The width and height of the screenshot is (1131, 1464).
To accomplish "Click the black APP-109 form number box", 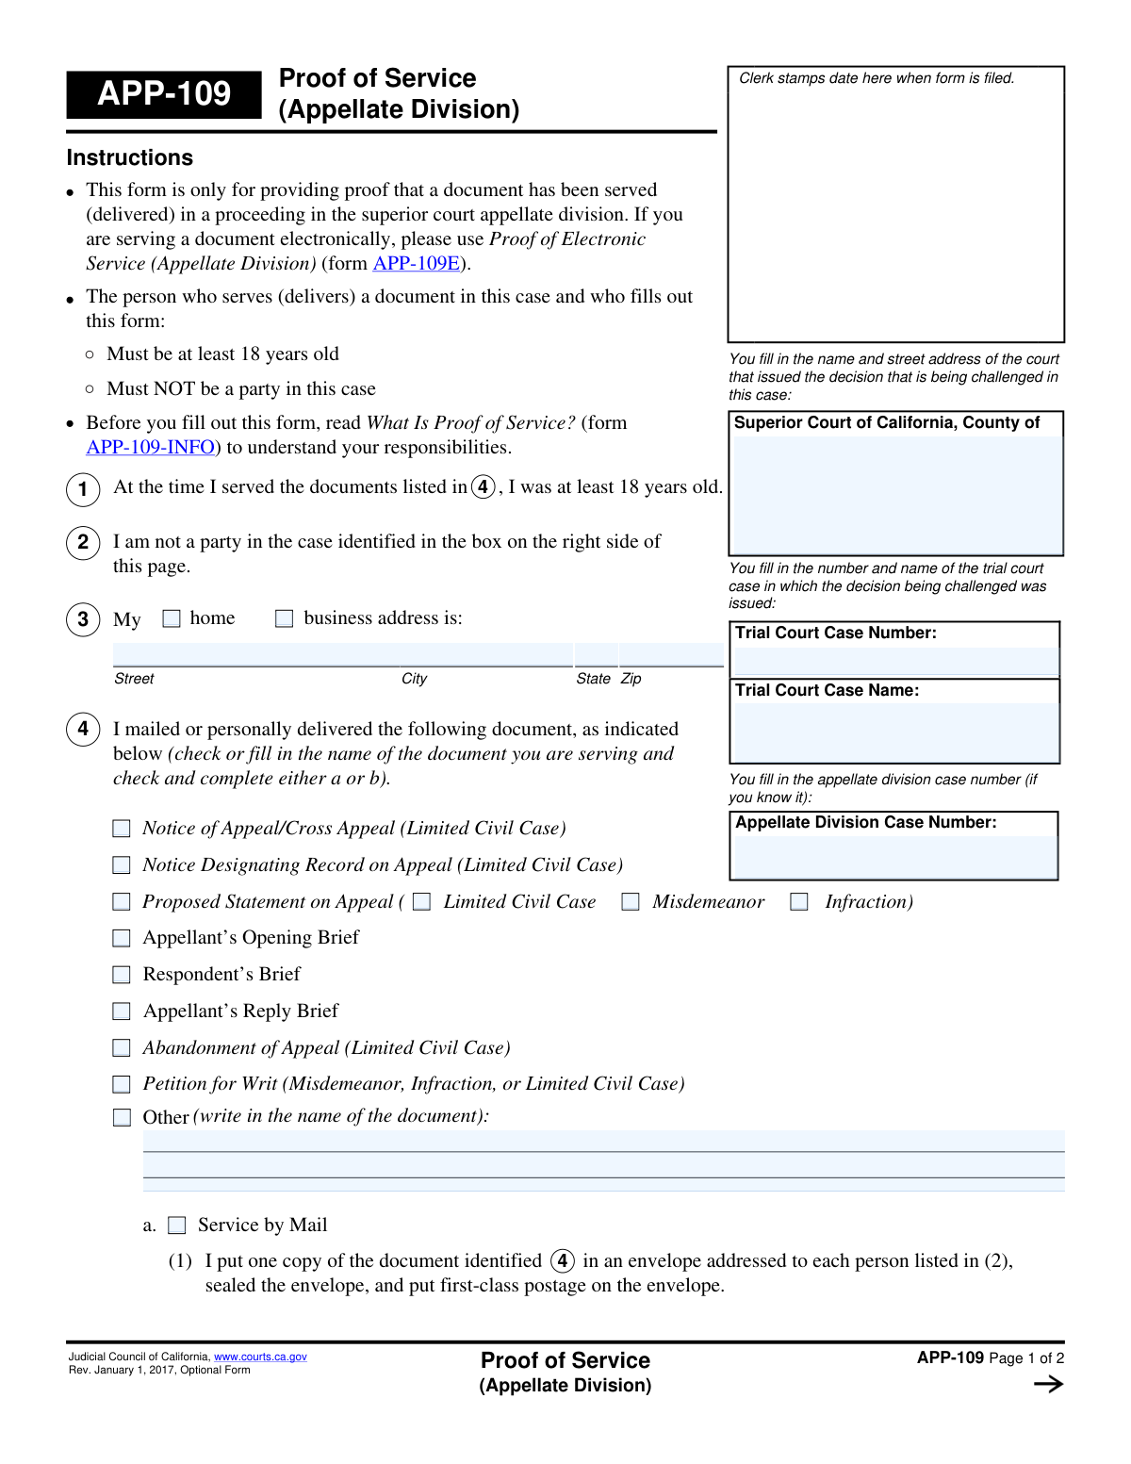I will tap(164, 94).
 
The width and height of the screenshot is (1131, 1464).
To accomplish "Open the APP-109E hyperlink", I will tap(417, 264).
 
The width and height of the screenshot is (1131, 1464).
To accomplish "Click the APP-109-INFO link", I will tap(151, 448).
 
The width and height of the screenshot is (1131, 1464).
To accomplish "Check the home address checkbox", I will tap(172, 618).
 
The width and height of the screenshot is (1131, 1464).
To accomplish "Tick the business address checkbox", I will tap(284, 618).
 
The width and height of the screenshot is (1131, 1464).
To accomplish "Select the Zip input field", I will tap(671, 654).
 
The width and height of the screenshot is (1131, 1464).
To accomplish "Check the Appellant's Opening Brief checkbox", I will tap(122, 938).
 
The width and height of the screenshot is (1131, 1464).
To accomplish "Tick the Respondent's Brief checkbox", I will tap(122, 975).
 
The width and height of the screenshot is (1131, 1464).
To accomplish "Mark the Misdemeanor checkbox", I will tap(631, 902).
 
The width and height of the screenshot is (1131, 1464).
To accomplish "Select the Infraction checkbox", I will tap(799, 902).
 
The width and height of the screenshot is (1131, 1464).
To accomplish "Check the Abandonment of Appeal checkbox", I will tap(122, 1048).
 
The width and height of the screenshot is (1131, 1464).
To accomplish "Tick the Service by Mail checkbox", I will tap(177, 1225).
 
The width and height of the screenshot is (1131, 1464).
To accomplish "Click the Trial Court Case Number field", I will tap(894, 661).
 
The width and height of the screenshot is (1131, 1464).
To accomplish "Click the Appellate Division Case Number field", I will tap(894, 857).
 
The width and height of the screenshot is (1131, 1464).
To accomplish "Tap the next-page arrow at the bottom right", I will tap(1048, 1384).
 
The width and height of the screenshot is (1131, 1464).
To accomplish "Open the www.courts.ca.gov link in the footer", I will tap(260, 1357).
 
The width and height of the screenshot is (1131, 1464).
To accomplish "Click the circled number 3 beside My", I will tap(83, 619).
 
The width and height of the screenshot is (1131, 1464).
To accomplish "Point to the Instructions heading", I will tap(130, 158).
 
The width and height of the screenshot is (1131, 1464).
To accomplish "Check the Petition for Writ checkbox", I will tap(122, 1084).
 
